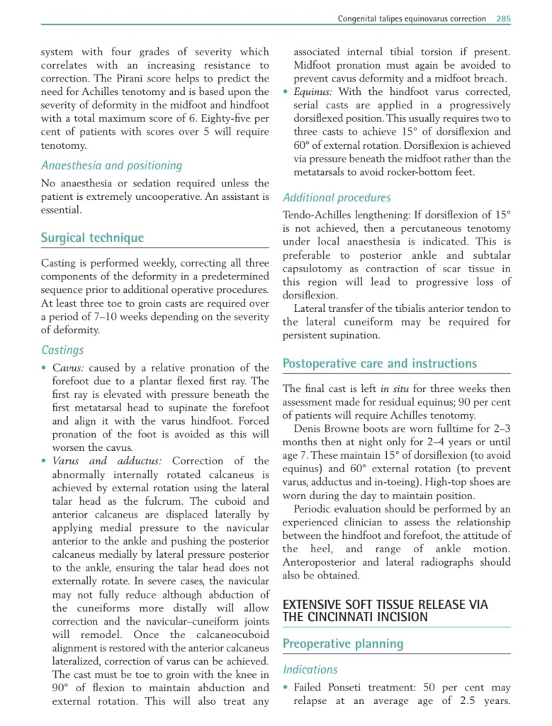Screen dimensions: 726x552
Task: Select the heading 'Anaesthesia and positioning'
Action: click(x=111, y=165)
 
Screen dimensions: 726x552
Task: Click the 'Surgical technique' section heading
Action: click(x=92, y=238)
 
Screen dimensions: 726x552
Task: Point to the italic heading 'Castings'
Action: click(x=62, y=350)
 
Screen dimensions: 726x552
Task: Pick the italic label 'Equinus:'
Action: click(x=315, y=92)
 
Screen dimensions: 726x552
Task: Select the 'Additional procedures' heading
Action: click(x=337, y=198)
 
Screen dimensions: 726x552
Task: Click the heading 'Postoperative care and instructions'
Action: click(x=380, y=364)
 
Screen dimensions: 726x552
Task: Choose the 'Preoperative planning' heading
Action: click(x=343, y=644)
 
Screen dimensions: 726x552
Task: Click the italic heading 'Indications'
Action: click(x=310, y=669)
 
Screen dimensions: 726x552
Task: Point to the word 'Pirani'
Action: click(x=150, y=78)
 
